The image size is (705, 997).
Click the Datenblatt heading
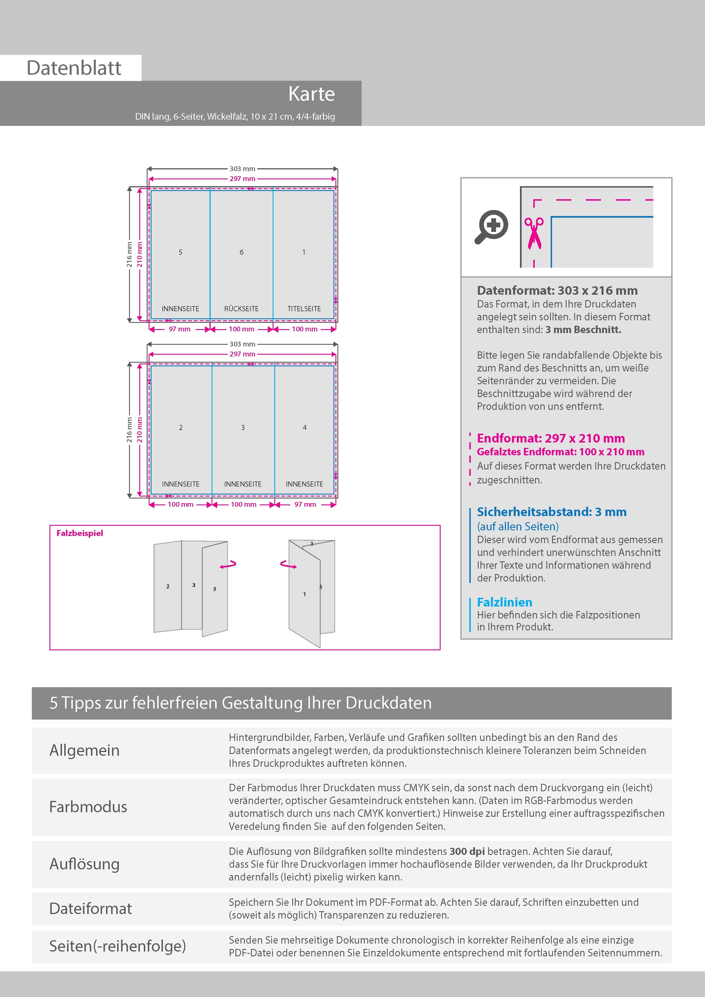[x=74, y=68]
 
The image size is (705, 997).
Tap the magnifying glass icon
[x=491, y=227]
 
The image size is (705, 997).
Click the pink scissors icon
[x=534, y=233]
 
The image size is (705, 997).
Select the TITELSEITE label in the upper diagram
[x=304, y=309]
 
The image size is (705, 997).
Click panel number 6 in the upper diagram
[x=242, y=252]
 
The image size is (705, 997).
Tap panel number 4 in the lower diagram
[x=304, y=428]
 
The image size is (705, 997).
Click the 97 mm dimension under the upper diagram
[x=179, y=329]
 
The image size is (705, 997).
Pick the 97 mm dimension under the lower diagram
[x=305, y=504]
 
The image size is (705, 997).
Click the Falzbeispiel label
[x=80, y=533]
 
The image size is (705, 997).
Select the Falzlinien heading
[x=504, y=602]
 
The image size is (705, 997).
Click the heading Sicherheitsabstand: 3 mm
[x=551, y=512]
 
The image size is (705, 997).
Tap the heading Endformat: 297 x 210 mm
[x=550, y=438]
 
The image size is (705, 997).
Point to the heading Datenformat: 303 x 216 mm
[x=557, y=290]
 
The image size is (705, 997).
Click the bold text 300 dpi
[x=467, y=851]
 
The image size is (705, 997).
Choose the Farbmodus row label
[x=88, y=807]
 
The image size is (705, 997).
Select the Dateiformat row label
[x=90, y=908]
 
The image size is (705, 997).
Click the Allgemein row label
[x=84, y=750]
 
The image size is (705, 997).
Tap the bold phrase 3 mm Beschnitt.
[x=583, y=330]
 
